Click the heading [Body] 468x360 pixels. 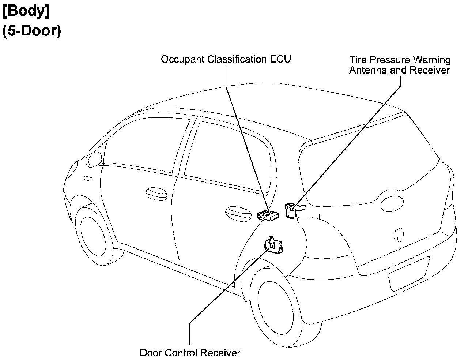tap(26, 12)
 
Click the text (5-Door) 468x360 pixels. tap(31, 31)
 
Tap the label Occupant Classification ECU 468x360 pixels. tap(226, 59)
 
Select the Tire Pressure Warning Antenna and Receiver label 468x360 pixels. tap(400, 65)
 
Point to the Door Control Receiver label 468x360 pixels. tap(190, 353)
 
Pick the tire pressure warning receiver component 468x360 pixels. tap(292, 210)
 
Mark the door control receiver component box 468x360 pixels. tap(275, 246)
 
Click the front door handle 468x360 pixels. tap(156, 194)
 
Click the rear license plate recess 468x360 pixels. tap(409, 273)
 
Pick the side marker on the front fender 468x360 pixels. tap(88, 179)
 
